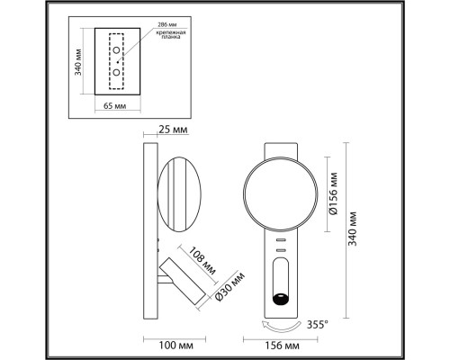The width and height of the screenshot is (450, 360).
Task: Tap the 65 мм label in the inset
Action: (113, 106)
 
